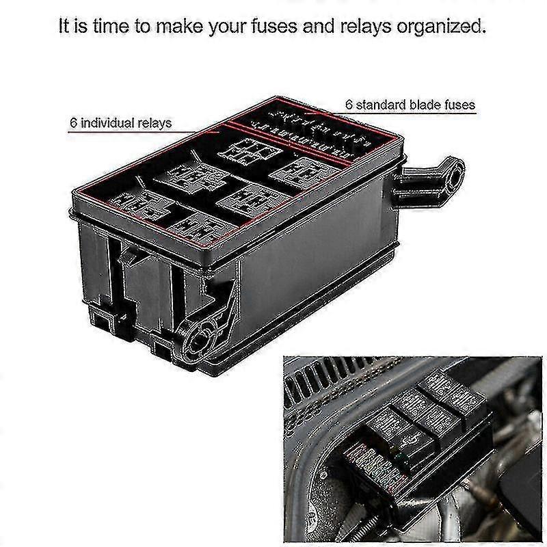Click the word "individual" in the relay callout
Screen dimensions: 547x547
click(x=108, y=123)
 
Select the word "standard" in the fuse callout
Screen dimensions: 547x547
click(x=375, y=105)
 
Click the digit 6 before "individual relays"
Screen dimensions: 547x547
click(x=73, y=123)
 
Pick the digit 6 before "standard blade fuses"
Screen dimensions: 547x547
click(x=349, y=105)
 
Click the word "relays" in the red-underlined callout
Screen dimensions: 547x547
click(x=154, y=123)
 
